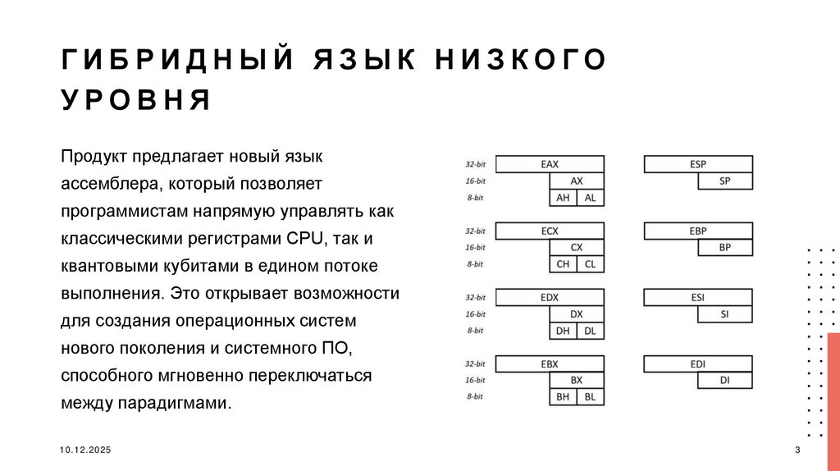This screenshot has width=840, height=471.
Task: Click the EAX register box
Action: (x=550, y=164)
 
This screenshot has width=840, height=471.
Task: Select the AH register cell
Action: (x=563, y=198)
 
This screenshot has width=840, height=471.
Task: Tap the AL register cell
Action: (x=590, y=198)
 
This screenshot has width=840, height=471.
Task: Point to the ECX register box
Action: (x=550, y=231)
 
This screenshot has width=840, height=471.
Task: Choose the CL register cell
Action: (x=590, y=264)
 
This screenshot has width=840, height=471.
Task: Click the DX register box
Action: (x=577, y=313)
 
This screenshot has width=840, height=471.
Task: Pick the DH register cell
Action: (x=563, y=331)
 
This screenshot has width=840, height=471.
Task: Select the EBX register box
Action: (x=550, y=364)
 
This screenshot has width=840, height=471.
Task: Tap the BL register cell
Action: (x=590, y=397)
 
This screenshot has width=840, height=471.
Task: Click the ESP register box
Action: (x=698, y=164)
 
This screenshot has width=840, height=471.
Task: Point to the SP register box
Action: (x=724, y=181)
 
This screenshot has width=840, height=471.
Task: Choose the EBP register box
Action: (x=698, y=231)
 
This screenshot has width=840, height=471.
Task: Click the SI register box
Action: (x=724, y=313)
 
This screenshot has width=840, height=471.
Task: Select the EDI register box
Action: (x=698, y=364)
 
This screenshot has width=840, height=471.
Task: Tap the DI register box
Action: (x=724, y=380)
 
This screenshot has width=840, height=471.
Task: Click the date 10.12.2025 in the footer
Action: (x=85, y=451)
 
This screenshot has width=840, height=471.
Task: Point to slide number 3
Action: (x=797, y=451)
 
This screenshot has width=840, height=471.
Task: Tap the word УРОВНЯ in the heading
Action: (x=136, y=101)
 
